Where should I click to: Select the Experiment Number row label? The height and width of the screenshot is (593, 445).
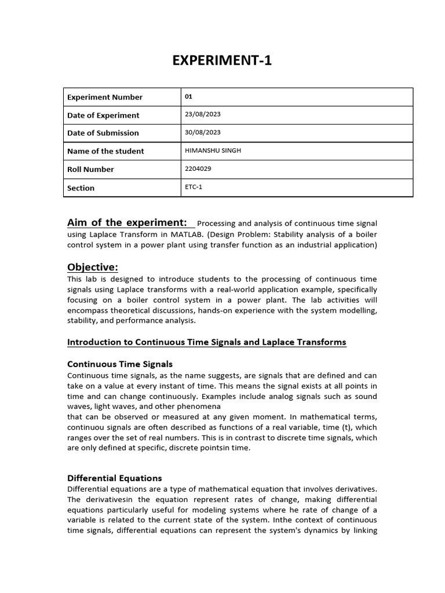[105, 97]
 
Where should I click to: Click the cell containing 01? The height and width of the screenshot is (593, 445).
[188, 97]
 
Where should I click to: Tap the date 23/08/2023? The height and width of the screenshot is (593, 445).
[202, 115]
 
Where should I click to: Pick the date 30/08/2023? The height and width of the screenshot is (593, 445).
[202, 132]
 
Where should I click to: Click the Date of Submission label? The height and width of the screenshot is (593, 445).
[103, 133]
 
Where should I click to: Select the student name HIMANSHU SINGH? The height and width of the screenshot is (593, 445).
[212, 151]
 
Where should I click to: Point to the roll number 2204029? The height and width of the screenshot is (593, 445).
[198, 169]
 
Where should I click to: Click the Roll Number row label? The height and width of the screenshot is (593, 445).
[90, 170]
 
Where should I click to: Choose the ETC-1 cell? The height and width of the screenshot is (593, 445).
[193, 188]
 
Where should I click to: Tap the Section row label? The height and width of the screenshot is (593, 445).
[81, 188]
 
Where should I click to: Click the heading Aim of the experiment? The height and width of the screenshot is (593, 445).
[127, 223]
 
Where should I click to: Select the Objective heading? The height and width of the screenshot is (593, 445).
[93, 267]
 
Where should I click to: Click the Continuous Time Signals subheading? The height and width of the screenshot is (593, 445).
[120, 364]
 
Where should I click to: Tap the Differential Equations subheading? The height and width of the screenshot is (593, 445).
[115, 478]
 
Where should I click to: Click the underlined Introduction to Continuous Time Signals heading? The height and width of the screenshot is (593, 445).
[207, 342]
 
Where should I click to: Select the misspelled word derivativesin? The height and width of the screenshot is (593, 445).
[110, 499]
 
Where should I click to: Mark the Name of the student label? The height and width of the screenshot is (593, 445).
[105, 151]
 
